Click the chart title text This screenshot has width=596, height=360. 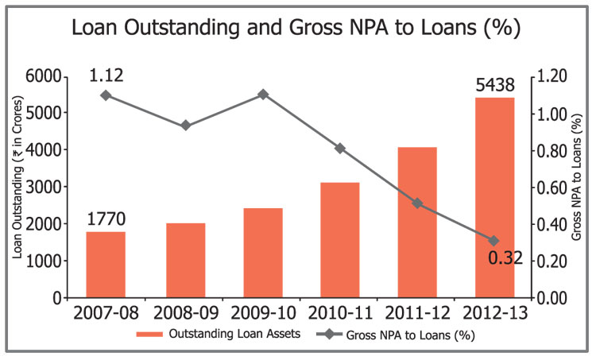[296, 29]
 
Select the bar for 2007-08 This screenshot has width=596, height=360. [106, 265]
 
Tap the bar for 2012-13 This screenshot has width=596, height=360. [494, 198]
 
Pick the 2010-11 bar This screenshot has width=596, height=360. [339, 240]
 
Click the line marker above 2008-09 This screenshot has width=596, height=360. [185, 126]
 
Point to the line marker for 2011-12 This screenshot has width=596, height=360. [417, 203]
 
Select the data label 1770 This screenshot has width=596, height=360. [106, 219]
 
